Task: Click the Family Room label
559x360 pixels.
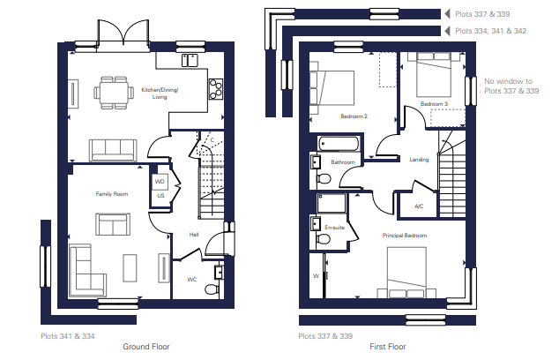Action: pos(112,194)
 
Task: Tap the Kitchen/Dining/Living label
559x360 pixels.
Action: pos(160,94)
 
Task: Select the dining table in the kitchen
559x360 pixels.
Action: pos(114,93)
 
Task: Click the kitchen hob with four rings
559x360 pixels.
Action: pos(216,89)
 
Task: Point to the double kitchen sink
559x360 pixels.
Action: pos(190,60)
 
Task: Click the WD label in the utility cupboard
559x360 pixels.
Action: pos(160,182)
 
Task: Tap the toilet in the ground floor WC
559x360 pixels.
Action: pos(212,289)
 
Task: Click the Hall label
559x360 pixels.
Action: pos(194,235)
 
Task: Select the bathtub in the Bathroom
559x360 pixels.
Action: pos(338,144)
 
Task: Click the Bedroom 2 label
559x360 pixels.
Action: pos(354,116)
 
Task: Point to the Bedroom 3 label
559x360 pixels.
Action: pos(434,104)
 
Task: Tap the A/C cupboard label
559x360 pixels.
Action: pos(419,206)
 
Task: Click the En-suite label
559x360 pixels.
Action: pos(335,228)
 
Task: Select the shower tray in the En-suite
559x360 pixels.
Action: pos(332,203)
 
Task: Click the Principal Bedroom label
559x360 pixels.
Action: pos(405,236)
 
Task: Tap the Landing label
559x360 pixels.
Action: pos(419,160)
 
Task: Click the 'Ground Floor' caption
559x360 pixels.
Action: pos(146,347)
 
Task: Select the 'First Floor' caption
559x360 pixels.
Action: pos(388,347)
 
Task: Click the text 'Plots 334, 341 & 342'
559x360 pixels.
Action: pos(490,31)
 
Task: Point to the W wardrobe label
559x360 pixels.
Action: pos(316,276)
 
